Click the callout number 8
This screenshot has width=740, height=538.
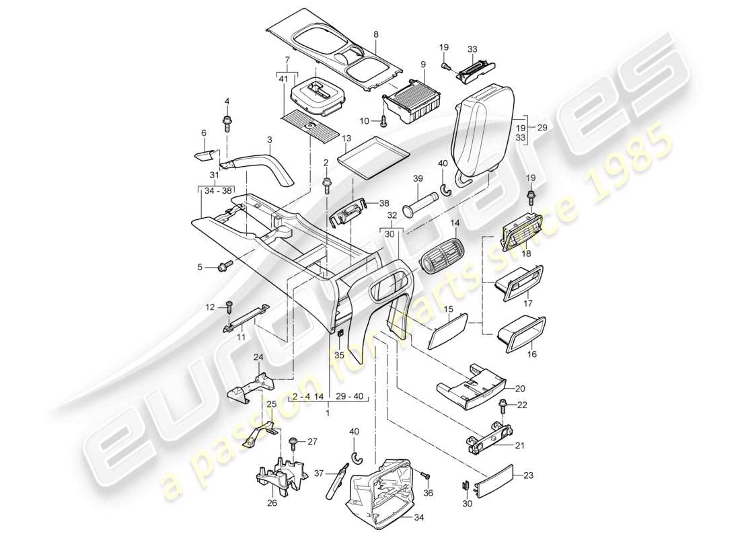pyautogui.click(x=375, y=33)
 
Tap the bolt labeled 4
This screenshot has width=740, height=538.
pyautogui.click(x=227, y=122)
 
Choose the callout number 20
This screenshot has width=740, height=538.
pyautogui.click(x=519, y=388)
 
